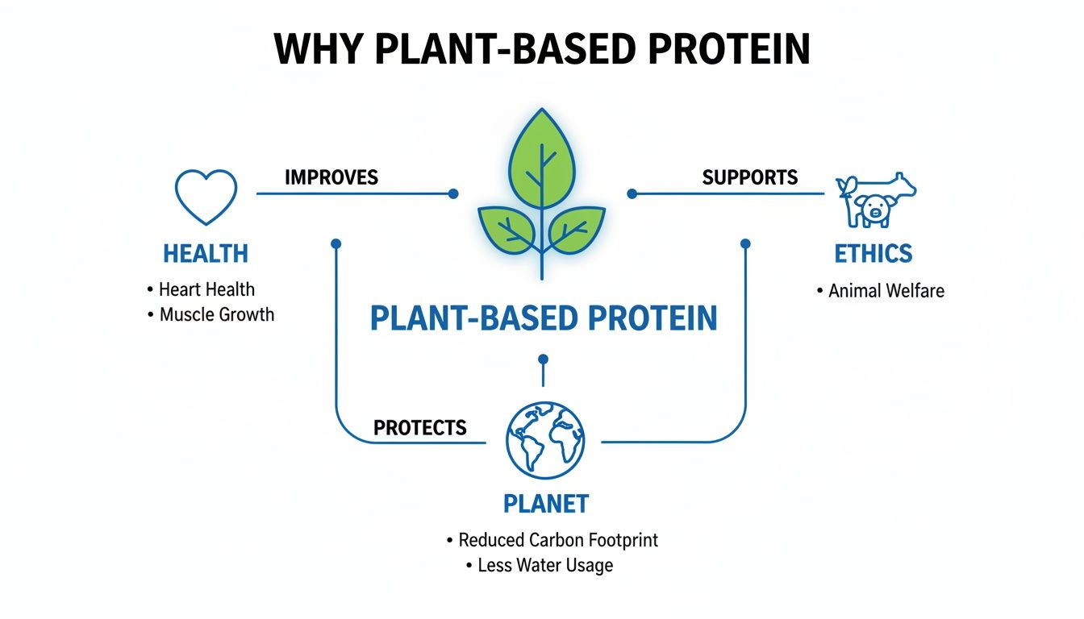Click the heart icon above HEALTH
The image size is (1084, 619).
coord(206,197)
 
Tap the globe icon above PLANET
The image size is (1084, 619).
coord(544,440)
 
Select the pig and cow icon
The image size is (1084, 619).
coord(876,200)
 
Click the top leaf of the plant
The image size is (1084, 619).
coord(541,156)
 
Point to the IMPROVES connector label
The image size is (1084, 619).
coord(331,177)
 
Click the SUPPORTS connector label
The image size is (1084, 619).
coord(749,177)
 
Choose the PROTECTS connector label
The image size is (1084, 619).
coord(419,427)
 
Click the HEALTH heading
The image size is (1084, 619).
coord(206,254)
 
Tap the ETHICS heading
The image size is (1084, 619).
coord(873,254)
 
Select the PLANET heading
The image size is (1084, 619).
coord(546,504)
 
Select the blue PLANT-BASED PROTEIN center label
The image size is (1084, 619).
coord(543,318)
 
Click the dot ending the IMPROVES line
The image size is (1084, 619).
coord(453,193)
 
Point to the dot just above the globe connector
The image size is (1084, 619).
coord(543,359)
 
